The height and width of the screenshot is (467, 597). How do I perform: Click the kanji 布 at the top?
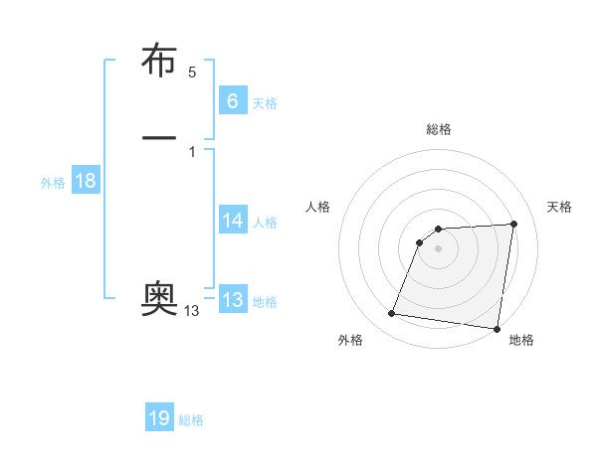[160, 62]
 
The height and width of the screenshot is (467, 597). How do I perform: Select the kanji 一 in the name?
[160, 136]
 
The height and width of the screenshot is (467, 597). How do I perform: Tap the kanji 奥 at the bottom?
[160, 298]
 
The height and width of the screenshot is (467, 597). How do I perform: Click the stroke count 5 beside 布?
[192, 73]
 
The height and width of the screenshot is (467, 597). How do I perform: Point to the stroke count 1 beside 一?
[191, 151]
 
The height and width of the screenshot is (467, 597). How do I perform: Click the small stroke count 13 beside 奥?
[191, 311]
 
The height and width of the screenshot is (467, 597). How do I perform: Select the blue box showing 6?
[232, 100]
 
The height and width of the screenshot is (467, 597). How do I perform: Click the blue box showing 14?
[232, 221]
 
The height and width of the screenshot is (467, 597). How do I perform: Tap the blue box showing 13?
[232, 300]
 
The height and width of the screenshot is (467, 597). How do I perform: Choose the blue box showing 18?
[85, 181]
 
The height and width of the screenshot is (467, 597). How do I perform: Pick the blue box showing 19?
[159, 418]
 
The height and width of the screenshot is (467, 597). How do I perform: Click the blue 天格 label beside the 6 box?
[265, 103]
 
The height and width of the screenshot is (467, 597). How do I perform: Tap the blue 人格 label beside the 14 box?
[265, 224]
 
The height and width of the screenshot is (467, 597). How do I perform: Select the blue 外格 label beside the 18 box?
[53, 183]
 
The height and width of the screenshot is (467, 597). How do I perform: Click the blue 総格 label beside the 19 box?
[191, 420]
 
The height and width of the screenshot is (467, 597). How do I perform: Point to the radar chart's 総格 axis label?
[439, 129]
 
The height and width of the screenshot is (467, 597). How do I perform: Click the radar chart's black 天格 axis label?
[560, 207]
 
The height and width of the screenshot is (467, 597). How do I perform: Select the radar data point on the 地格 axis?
[497, 328]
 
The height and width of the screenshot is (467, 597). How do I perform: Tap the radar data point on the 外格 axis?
[392, 314]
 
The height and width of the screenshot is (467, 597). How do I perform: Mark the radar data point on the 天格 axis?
[513, 224]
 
